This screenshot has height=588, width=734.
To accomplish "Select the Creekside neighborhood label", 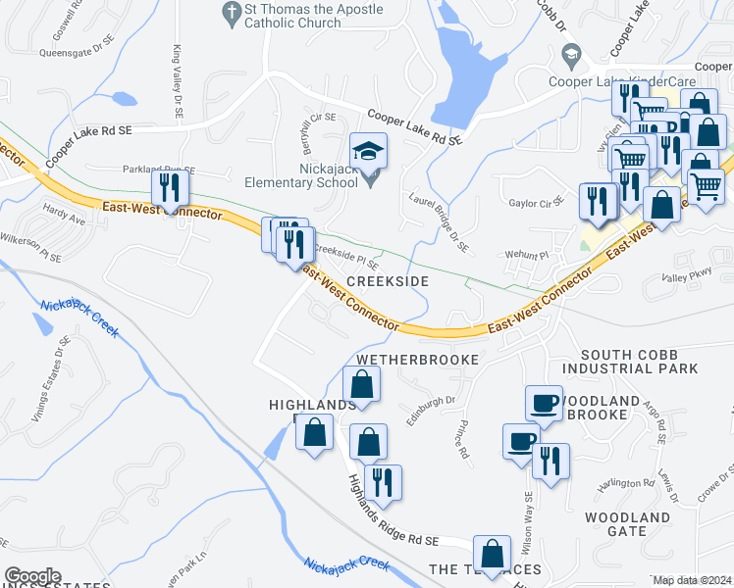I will pyautogui.click(x=388, y=281).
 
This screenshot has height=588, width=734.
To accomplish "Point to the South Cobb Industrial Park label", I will pyautogui.click(x=639, y=362).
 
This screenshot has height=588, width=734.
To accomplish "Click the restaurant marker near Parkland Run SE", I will pyautogui.click(x=171, y=188).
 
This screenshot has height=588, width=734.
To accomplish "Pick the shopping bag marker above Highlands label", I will pyautogui.click(x=361, y=383).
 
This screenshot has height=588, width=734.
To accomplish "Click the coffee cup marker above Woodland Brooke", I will pyautogui.click(x=544, y=402).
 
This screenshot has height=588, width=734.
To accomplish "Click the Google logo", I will pyautogui.click(x=32, y=576).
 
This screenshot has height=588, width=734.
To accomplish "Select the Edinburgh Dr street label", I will pyautogui.click(x=432, y=411).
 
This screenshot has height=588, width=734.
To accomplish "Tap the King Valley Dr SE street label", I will pyautogui.click(x=178, y=82).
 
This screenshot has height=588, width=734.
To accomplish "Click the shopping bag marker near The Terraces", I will pyautogui.click(x=491, y=552).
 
